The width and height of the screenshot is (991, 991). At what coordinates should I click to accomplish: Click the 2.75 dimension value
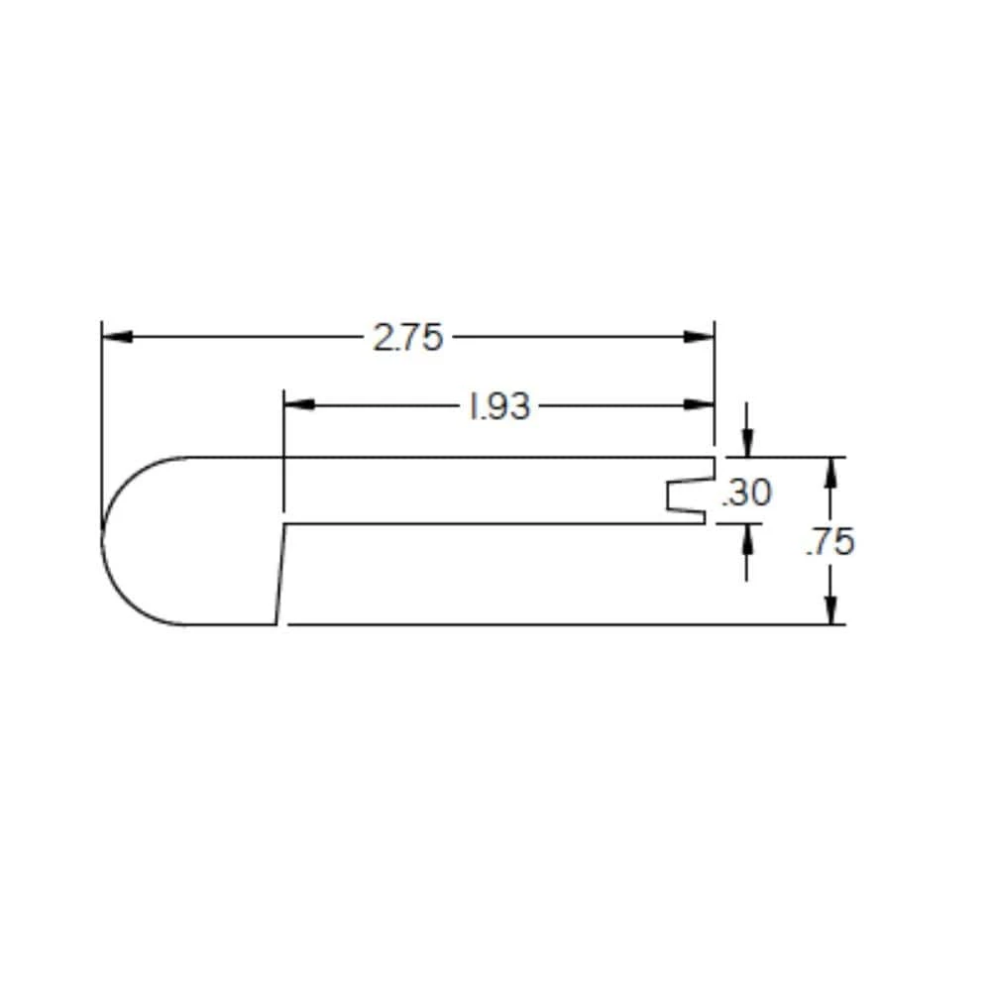click(407, 338)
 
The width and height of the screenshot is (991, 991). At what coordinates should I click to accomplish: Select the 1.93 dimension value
click(499, 405)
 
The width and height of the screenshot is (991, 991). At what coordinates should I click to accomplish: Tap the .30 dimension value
click(746, 492)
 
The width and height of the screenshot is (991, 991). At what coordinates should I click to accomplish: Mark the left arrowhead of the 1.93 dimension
click(298, 404)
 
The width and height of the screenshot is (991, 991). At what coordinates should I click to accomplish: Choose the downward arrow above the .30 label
click(747, 442)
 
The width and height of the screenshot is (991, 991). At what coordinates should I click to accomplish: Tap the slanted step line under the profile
click(281, 575)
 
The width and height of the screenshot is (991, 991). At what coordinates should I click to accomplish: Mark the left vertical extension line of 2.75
click(102, 426)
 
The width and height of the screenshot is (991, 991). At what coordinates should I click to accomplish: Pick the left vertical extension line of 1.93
click(284, 456)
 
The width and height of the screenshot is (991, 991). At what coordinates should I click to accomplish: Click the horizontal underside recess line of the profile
click(495, 523)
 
